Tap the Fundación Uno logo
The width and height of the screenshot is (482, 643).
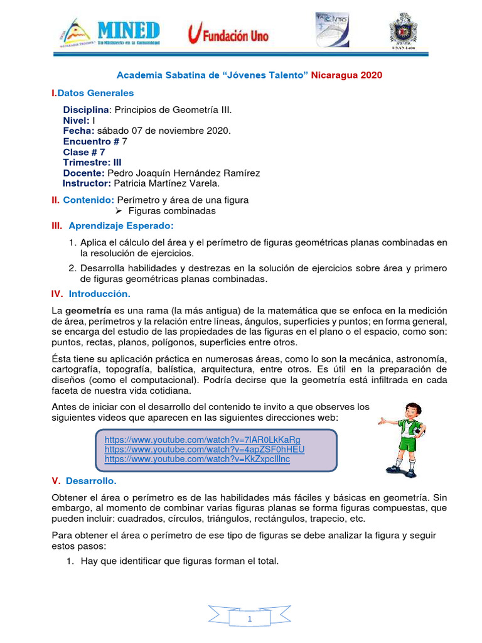click(228, 35)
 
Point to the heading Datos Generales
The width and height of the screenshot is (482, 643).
click(95, 93)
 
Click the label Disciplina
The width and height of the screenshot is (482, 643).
click(86, 110)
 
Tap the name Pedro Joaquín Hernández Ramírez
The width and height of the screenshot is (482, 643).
click(183, 173)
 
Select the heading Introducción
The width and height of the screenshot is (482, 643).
click(99, 293)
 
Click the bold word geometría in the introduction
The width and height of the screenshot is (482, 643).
click(88, 310)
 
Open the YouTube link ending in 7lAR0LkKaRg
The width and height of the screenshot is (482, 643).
click(202, 440)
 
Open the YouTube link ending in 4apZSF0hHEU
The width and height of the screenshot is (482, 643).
click(205, 450)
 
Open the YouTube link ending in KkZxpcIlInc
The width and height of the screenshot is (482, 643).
click(197, 460)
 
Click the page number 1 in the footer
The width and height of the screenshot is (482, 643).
click(250, 620)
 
